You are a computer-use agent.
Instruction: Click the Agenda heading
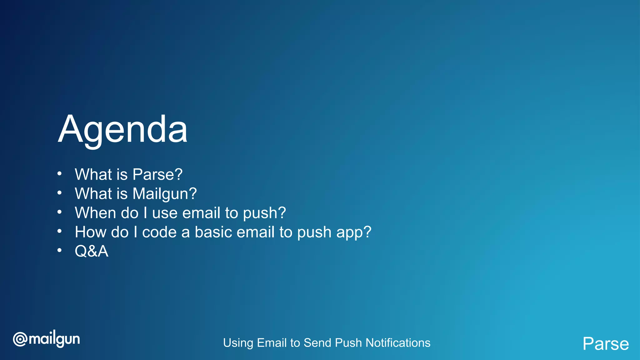(122, 130)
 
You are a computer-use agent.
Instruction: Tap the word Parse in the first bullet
(157, 174)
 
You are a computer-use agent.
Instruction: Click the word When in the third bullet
(95, 213)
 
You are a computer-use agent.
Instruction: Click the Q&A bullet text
(92, 251)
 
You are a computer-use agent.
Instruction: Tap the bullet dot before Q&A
(59, 251)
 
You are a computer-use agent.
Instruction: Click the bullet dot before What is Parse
(59, 174)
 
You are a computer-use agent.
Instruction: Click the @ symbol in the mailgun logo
(20, 339)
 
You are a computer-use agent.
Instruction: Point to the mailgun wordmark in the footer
(54, 339)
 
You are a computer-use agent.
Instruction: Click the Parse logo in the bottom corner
(605, 344)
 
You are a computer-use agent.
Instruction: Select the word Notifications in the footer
(398, 343)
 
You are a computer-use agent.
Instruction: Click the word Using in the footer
(238, 343)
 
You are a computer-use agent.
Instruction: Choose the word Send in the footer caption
(317, 343)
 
